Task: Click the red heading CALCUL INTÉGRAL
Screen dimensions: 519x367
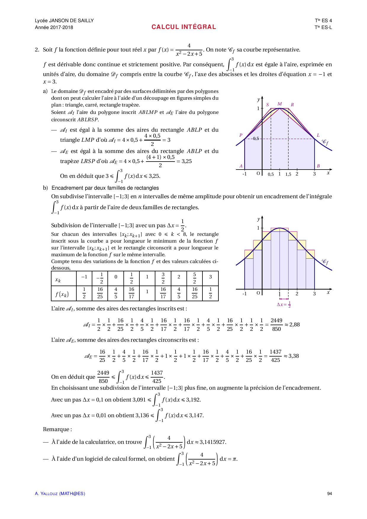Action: [183, 27]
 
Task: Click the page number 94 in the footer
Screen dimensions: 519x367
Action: [329, 494]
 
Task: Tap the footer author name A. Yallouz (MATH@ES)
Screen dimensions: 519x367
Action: [60, 494]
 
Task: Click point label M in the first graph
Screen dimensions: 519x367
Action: [280, 104]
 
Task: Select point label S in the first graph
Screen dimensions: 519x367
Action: [268, 105]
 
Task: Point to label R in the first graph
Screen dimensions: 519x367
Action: [292, 105]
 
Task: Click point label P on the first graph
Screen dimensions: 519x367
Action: [241, 135]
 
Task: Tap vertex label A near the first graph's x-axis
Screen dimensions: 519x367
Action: [241, 166]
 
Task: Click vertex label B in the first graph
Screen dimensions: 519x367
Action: [318, 166]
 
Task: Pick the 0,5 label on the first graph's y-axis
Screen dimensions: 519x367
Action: [256, 138]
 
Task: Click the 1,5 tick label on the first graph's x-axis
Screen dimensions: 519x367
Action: [288, 175]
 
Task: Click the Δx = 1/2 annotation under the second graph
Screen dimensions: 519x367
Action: [284, 304]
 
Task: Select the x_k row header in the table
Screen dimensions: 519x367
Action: [58, 280]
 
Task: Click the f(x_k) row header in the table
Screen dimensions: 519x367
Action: [62, 294]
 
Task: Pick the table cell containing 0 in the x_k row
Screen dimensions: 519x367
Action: [116, 277]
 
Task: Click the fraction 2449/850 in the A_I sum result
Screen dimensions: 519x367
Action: [276, 325]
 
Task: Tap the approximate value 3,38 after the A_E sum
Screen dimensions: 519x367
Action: [294, 356]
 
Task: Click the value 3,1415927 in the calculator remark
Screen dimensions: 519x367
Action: [213, 442]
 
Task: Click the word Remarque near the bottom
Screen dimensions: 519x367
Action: [57, 429]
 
